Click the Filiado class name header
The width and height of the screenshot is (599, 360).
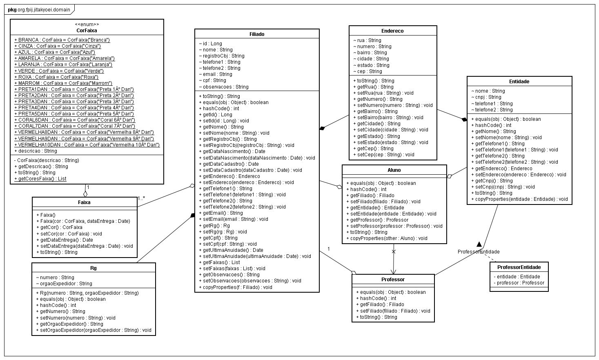pos(256,34)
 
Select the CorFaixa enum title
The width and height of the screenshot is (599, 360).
pos(87,31)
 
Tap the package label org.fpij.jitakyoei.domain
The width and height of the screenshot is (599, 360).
pos(39,9)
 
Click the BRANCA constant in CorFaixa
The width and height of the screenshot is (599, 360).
pos(62,40)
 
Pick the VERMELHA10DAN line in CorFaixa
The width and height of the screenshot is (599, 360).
pos(87,144)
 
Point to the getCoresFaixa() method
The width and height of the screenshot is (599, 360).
pos(40,179)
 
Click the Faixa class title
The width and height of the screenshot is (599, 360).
pos(84,202)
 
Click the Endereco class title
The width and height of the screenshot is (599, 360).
pos(392,31)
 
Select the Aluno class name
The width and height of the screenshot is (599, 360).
pos(394,170)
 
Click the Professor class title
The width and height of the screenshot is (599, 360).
pos(393,280)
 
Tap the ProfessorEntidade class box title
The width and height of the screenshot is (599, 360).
pos(519,267)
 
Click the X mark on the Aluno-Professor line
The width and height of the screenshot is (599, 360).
pos(394,252)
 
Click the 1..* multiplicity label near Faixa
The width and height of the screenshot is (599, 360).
pos(141,198)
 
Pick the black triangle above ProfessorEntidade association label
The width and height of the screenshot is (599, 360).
pos(479,244)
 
